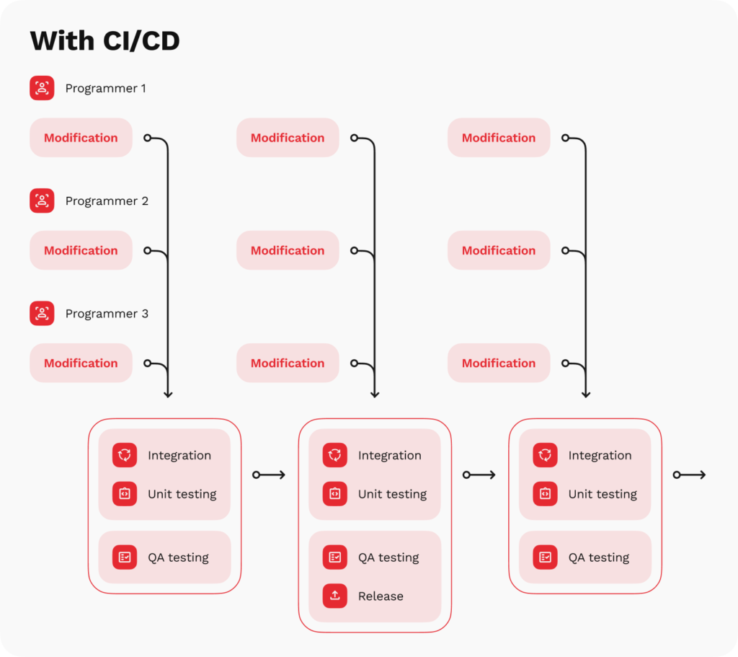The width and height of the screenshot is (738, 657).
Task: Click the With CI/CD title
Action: click(x=105, y=41)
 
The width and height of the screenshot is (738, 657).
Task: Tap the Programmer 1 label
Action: click(x=105, y=89)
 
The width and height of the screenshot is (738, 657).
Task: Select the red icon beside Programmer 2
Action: click(x=42, y=200)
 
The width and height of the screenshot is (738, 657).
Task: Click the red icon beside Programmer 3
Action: click(x=42, y=314)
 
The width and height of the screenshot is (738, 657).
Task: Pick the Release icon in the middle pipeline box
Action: click(x=334, y=596)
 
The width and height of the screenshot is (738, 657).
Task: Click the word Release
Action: click(x=381, y=596)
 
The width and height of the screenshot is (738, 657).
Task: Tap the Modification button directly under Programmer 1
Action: click(x=81, y=138)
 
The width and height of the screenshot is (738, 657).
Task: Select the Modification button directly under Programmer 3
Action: click(x=81, y=363)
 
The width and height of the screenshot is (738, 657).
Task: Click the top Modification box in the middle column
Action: click(x=288, y=138)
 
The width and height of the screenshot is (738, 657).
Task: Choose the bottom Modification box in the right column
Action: click(x=499, y=363)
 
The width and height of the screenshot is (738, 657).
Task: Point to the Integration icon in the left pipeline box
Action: click(x=125, y=455)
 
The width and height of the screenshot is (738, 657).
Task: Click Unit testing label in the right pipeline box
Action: click(x=603, y=494)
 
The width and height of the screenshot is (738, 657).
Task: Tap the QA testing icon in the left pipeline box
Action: click(x=125, y=557)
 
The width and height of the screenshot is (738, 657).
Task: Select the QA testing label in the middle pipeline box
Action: click(x=388, y=557)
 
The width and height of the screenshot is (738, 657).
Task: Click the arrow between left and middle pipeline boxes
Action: click(x=270, y=475)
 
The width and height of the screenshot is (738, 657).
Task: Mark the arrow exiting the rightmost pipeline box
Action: click(x=690, y=475)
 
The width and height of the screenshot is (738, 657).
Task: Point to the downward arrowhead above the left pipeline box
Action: click(x=168, y=394)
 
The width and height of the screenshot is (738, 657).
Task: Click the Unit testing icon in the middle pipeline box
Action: click(x=334, y=494)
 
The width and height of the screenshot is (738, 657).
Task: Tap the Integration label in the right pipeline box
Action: click(x=600, y=455)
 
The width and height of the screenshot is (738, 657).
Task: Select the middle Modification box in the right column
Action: click(x=499, y=250)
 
